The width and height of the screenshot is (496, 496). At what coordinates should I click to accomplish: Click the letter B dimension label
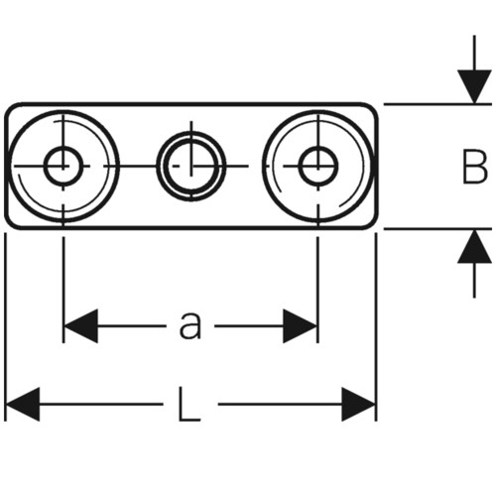point(475,167)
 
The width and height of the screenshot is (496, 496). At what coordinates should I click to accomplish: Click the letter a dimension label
point(190,325)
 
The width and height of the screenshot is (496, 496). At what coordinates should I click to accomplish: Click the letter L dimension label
point(189,404)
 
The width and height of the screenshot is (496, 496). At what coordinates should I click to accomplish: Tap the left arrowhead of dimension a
point(80,326)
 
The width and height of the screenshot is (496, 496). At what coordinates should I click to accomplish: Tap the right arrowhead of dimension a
point(301,326)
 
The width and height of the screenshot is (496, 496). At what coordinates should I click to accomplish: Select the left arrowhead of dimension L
point(23,404)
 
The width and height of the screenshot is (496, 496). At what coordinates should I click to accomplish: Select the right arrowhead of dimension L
point(358,404)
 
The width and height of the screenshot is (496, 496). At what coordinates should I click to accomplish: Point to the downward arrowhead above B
point(474,86)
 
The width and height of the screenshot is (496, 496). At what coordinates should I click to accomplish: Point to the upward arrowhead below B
point(474,246)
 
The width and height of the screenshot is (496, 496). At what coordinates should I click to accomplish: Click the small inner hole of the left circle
point(63,166)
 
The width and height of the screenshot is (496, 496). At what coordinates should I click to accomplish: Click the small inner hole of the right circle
point(318,166)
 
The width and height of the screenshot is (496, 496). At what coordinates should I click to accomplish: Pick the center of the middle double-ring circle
point(191,166)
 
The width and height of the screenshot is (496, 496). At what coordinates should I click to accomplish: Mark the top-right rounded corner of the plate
point(373,107)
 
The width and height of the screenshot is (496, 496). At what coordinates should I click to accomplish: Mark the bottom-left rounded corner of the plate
point(9,224)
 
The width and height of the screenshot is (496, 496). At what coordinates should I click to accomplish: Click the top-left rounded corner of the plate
point(9,107)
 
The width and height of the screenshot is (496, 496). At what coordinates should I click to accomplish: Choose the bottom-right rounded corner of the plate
point(373,224)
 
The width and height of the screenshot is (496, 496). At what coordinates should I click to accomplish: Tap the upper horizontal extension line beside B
point(437,104)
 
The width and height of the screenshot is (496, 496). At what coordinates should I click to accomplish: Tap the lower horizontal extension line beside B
point(437,228)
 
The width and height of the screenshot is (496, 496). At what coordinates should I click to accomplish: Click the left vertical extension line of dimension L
point(5,327)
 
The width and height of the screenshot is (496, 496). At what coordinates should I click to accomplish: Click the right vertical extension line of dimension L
point(376,327)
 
